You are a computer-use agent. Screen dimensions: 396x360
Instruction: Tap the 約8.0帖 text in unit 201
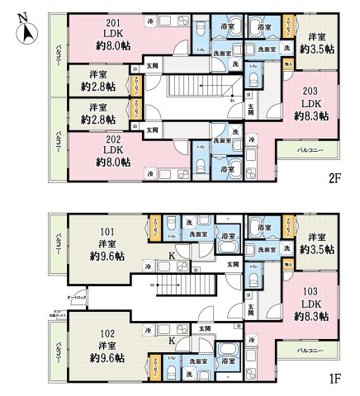(x=110, y=45)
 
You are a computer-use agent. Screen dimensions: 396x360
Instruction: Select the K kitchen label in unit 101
(x=171, y=256)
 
